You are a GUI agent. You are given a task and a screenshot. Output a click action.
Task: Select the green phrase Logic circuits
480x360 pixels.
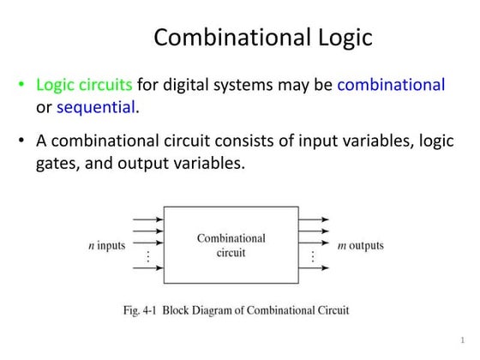pyautogui.click(x=84, y=85)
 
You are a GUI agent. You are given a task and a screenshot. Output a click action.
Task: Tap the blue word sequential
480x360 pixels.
pyautogui.click(x=95, y=107)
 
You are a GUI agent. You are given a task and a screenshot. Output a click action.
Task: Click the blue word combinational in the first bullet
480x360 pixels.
pyautogui.click(x=391, y=85)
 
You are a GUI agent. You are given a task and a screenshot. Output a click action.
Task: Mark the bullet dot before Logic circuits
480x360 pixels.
pyautogui.click(x=21, y=86)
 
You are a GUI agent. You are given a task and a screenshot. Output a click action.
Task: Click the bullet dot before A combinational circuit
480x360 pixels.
pyautogui.click(x=21, y=141)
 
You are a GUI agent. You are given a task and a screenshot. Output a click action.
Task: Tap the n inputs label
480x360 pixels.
pyautogui.click(x=107, y=245)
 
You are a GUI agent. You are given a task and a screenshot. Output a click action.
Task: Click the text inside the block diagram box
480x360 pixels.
pyautogui.click(x=231, y=245)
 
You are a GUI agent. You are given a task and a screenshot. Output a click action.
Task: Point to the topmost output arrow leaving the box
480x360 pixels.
pyautogui.click(x=314, y=219)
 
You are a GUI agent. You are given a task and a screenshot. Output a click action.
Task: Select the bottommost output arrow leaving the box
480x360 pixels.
pyautogui.click(x=314, y=268)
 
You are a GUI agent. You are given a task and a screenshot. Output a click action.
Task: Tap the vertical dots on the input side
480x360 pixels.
pyautogui.click(x=148, y=256)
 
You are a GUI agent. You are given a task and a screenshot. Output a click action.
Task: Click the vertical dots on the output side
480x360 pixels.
pyautogui.click(x=313, y=256)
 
